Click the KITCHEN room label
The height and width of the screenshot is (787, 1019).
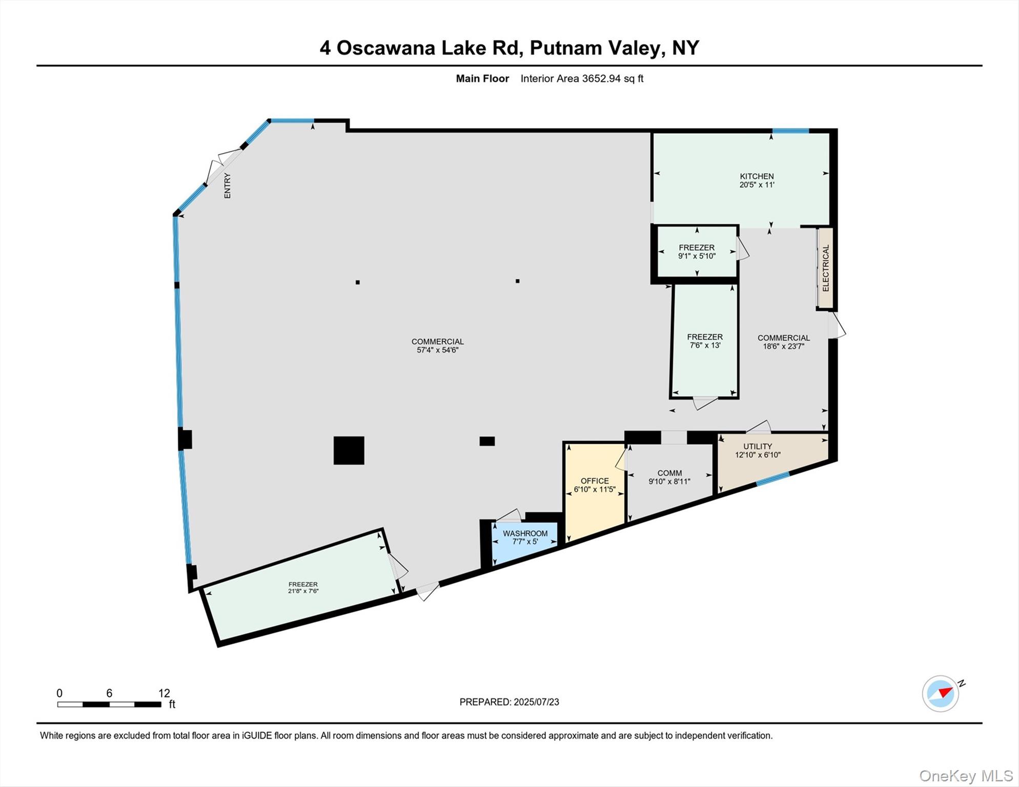(757, 176)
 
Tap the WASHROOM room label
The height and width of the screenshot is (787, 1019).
(525, 533)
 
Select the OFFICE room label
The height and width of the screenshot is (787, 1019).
(595, 481)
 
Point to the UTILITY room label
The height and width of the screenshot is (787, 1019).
(757, 446)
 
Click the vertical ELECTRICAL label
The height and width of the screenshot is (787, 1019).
(825, 268)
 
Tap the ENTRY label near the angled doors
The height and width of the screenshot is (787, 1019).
(227, 185)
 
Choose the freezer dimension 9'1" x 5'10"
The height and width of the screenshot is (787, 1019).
(697, 256)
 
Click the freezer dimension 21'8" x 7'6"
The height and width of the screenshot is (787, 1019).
(303, 591)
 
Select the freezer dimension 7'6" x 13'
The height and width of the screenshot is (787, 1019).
(705, 345)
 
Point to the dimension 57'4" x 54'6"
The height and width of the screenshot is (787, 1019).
(437, 350)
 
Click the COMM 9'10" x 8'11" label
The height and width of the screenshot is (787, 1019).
(669, 477)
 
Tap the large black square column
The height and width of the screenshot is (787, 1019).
(349, 450)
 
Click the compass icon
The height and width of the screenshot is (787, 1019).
(941, 693)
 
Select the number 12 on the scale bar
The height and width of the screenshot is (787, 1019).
(164, 693)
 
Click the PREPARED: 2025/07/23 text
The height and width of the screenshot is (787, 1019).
(509, 702)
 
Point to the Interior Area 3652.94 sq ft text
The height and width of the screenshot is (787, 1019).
(582, 78)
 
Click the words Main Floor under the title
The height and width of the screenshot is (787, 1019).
(482, 78)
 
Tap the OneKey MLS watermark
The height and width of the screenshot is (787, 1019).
(966, 776)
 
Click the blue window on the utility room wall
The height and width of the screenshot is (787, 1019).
(773, 479)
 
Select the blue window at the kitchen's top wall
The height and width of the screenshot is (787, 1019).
(790, 131)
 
